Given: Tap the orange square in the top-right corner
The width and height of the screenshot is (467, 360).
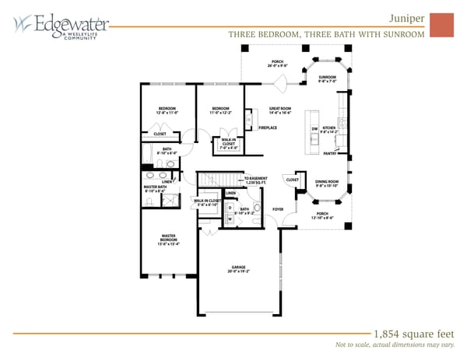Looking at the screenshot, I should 441,24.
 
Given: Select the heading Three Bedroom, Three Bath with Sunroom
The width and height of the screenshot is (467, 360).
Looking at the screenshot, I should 326,34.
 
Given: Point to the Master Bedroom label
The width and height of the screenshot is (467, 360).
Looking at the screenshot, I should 168,238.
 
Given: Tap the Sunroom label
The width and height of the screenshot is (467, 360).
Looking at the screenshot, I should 327,78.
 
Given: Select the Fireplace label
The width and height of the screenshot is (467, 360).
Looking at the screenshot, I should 269,127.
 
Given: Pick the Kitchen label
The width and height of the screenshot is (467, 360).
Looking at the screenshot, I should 329,128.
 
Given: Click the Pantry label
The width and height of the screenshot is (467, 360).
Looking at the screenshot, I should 330,153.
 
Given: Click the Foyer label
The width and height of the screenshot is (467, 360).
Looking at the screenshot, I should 278,209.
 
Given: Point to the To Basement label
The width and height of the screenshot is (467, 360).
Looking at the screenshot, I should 256,179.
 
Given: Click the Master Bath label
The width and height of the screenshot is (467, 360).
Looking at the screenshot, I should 155,187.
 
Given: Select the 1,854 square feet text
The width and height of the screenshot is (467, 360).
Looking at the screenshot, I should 409,331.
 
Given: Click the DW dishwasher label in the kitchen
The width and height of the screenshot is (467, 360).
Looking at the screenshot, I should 314,128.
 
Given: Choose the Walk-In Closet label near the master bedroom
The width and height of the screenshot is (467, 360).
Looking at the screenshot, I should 205,202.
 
